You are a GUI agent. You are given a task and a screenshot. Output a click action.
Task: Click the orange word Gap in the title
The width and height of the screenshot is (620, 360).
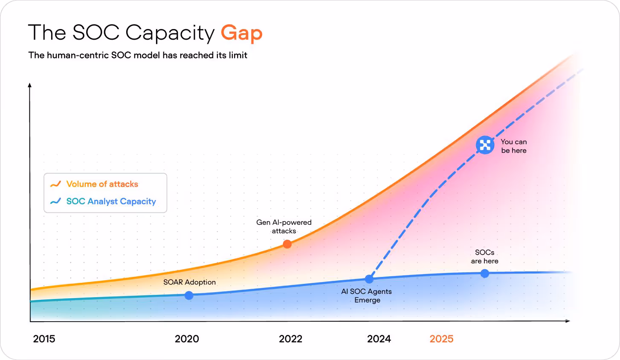tap(241, 33)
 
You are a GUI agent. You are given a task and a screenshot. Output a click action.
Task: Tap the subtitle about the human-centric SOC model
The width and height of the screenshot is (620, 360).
tap(138, 55)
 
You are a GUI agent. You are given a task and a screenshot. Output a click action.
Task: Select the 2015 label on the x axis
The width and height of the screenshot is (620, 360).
tap(44, 339)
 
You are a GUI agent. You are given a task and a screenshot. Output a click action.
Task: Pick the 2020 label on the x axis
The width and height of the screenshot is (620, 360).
tap(187, 339)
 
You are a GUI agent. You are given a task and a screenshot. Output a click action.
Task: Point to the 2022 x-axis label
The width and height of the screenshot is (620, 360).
tap(290, 339)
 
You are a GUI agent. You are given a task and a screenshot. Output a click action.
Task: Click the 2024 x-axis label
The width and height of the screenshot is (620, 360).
tap(379, 339)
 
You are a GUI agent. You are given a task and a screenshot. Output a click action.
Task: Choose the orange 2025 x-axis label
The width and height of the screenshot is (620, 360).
tap(441, 339)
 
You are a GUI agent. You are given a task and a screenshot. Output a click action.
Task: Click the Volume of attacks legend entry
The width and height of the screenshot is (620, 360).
tap(102, 184)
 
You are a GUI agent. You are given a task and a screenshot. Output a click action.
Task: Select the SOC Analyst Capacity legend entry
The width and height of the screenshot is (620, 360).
tap(111, 201)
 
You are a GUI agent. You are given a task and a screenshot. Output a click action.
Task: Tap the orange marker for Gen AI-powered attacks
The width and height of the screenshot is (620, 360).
tap(287, 244)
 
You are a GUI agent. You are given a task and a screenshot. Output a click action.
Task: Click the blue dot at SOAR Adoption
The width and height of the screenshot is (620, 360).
tap(189, 295)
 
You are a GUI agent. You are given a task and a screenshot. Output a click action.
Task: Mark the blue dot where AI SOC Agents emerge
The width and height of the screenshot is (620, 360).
tap(369, 279)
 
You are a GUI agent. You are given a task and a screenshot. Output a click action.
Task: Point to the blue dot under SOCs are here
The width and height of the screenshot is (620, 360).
tap(484, 273)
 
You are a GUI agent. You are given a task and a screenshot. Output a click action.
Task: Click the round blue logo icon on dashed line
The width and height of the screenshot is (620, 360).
tap(485, 145)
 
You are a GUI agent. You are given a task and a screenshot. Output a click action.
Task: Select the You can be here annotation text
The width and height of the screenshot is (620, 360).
tap(513, 146)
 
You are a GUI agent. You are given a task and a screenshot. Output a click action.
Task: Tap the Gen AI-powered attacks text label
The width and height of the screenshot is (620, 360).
tap(284, 226)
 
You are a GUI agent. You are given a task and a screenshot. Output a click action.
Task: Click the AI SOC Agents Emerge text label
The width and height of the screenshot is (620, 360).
tap(366, 296)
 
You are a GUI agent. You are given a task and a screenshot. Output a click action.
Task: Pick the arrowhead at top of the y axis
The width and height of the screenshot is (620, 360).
tap(30, 85)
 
